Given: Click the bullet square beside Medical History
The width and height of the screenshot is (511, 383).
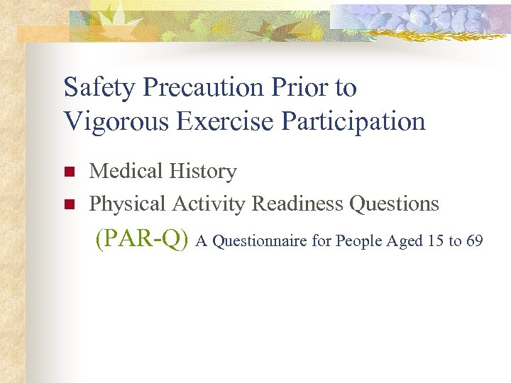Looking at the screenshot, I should (69, 172).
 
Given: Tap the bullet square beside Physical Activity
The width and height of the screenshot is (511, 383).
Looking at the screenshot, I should (69, 205).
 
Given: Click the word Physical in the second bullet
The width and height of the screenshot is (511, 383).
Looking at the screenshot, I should (128, 204).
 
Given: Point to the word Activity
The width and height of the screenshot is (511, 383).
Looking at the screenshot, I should (210, 204).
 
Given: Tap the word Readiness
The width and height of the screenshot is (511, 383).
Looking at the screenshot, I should (298, 204).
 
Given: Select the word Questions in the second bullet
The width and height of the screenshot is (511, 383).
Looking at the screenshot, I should (394, 204).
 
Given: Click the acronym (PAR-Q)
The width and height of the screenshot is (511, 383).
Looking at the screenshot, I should (143, 240).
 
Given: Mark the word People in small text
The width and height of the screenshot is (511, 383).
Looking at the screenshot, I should (359, 242).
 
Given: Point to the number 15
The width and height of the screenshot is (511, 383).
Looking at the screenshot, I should (436, 242).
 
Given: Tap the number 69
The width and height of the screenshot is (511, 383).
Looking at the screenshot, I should (474, 242).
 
